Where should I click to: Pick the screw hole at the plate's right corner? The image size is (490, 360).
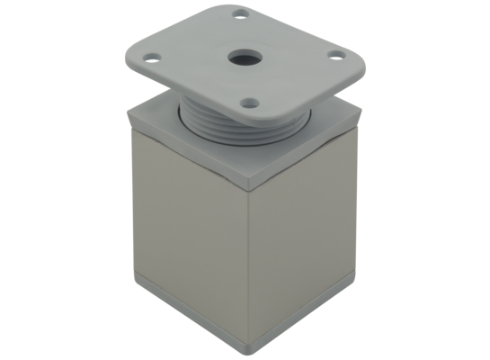click(x=338, y=56)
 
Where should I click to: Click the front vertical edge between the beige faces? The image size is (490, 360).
click(x=248, y=261)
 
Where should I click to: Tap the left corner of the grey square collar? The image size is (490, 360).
click(x=131, y=112)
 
